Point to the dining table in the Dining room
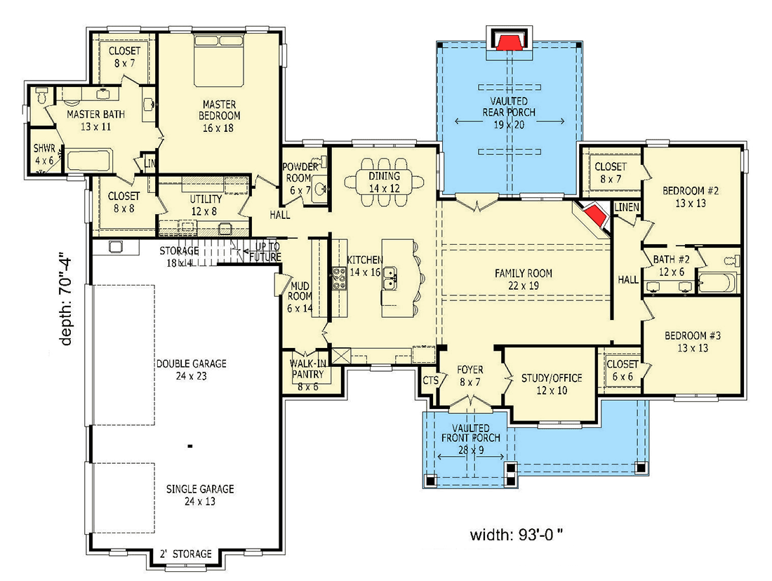pos(384,182)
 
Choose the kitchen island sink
pos(390,279)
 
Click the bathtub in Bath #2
pos(717,283)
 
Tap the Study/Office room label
pos(551,384)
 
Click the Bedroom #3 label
pos(691,341)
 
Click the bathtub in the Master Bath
pos(89,161)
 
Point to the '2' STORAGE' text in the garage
pos(185,554)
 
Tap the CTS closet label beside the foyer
pos(430,380)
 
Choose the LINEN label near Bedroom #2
pos(625,208)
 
